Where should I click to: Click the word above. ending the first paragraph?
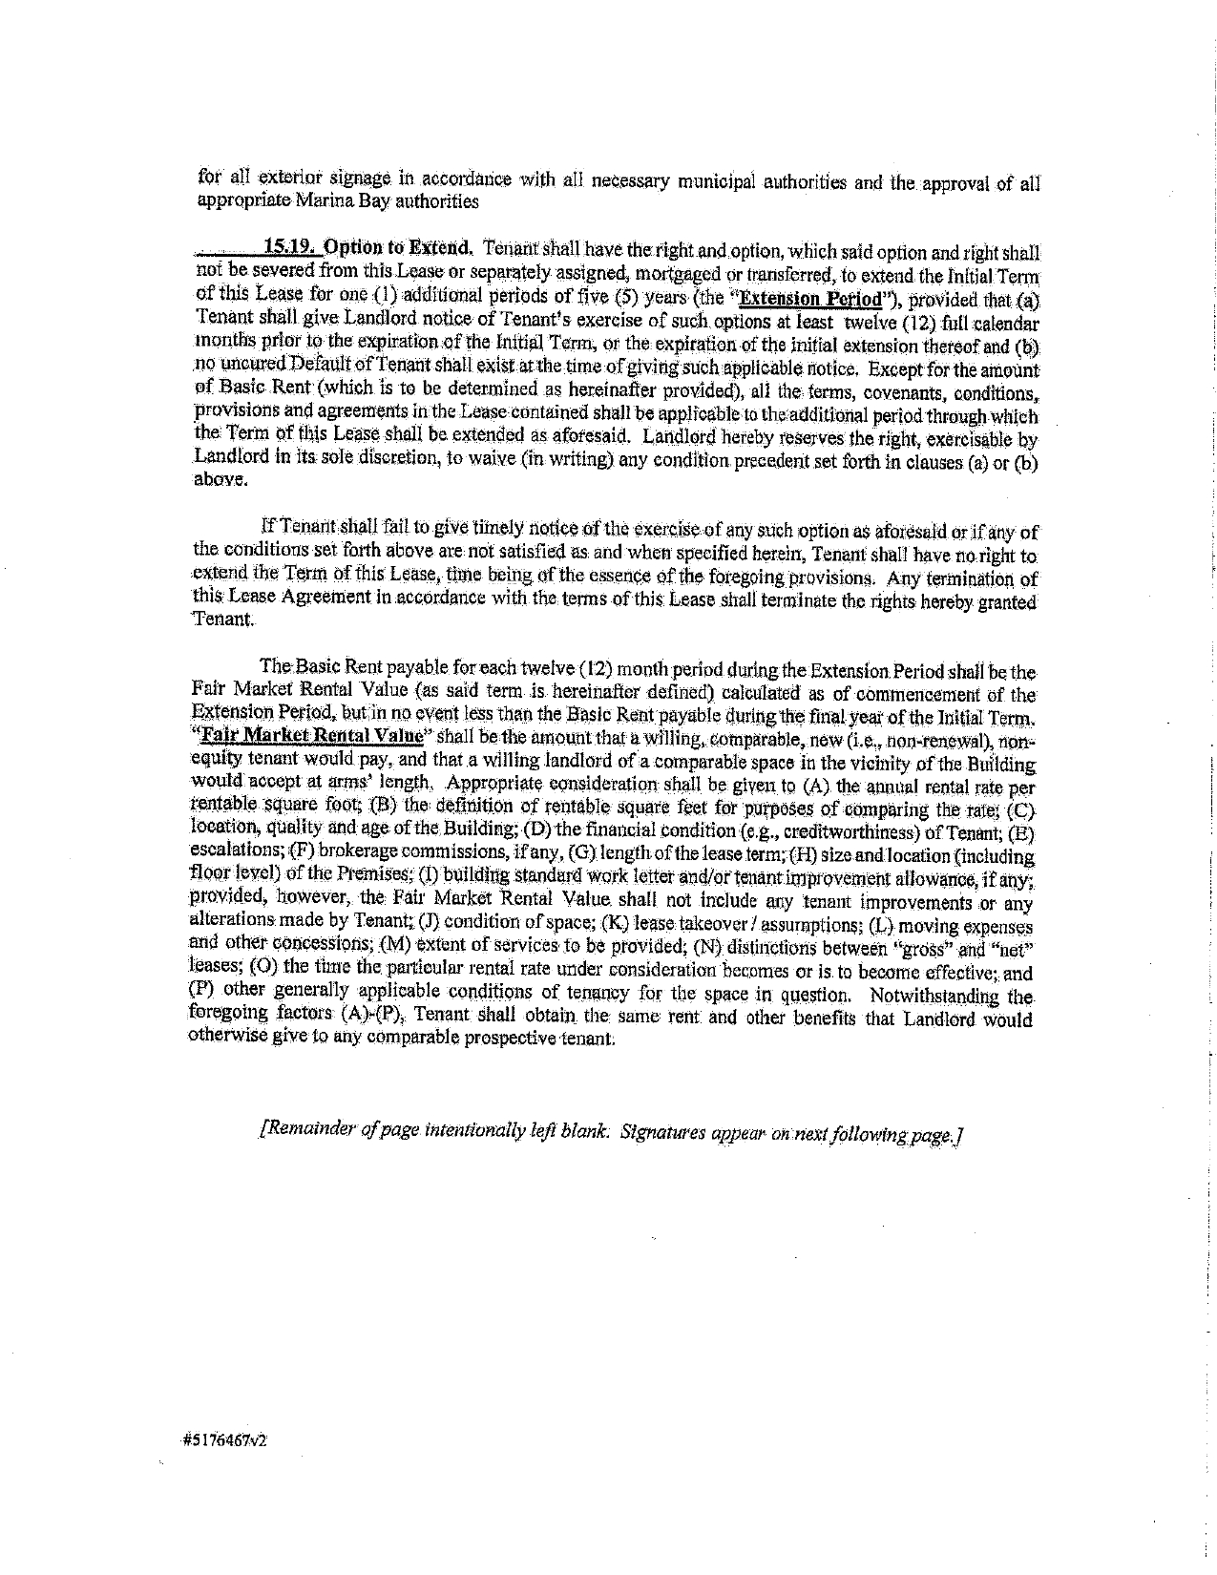click(x=214, y=480)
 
